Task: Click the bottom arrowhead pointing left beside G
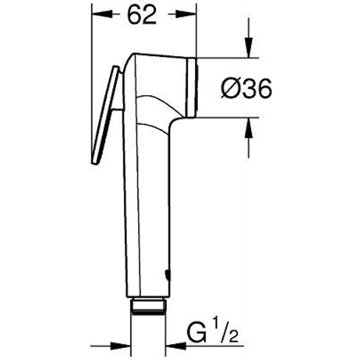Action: point(173,346)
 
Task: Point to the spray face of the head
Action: point(192,88)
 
